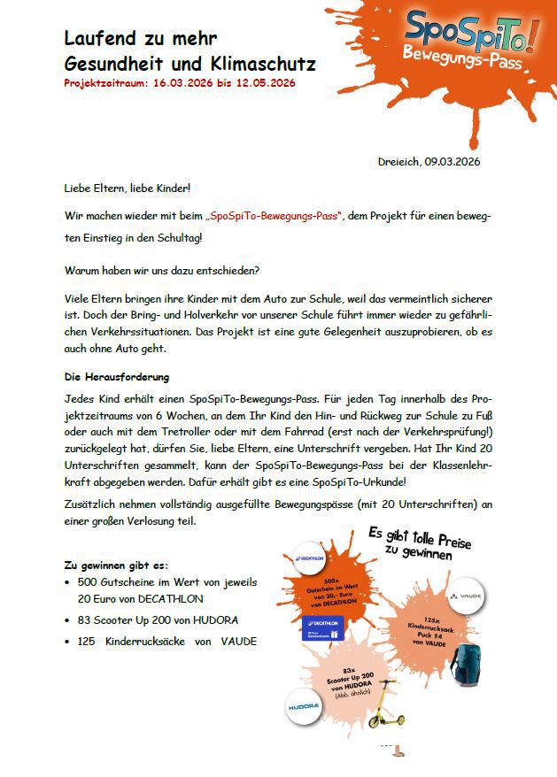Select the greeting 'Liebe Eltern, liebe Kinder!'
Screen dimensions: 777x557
point(127,188)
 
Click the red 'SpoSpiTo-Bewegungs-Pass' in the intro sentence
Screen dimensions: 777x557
point(275,216)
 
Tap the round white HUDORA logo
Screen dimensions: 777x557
point(304,708)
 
